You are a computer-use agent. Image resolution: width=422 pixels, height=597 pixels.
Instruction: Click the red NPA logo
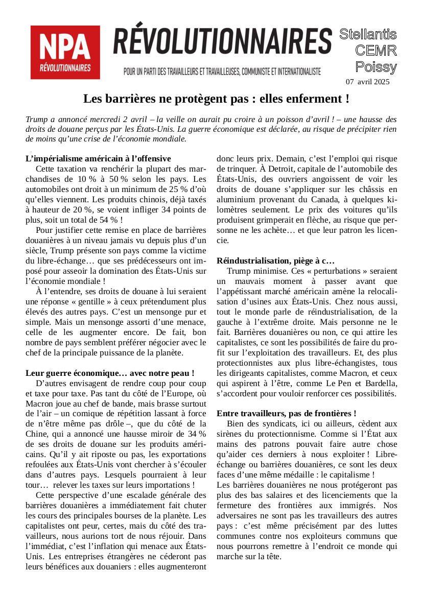65,52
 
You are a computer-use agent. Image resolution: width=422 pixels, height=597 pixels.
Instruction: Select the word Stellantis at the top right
368,34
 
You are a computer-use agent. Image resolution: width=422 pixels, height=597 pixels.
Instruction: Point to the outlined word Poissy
376,67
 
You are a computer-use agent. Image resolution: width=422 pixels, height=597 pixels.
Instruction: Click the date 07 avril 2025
367,82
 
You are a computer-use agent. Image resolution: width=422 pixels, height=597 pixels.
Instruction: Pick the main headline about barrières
216,98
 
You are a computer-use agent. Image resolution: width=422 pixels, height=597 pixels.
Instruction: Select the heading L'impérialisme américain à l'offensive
98,158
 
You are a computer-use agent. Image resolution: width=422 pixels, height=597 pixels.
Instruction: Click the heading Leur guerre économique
110,373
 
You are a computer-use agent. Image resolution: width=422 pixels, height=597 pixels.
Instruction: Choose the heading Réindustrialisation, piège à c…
275,260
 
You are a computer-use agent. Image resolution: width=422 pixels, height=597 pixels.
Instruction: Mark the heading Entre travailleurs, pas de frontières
286,413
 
